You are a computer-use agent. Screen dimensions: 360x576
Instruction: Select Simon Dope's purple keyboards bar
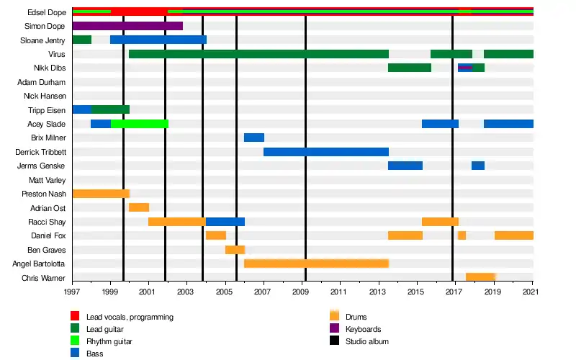(127, 26)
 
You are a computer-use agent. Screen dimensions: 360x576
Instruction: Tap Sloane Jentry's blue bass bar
(158, 40)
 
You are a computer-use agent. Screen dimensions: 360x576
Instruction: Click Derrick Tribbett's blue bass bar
(326, 152)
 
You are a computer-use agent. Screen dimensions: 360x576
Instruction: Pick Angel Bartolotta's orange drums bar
(317, 264)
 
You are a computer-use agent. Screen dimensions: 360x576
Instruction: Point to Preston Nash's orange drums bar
(101, 194)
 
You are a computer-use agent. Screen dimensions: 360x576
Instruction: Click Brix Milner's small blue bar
(254, 138)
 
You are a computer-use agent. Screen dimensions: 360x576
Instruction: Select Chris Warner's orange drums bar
(480, 277)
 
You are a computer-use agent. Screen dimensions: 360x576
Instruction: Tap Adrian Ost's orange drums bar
(139, 207)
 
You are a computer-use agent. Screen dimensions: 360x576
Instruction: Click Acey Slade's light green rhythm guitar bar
(140, 124)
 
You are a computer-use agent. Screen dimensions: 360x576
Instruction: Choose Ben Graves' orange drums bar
(235, 250)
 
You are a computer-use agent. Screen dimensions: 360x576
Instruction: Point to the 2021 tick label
(533, 293)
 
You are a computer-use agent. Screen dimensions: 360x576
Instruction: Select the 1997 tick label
(72, 293)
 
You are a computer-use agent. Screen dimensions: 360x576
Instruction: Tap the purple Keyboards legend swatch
(334, 329)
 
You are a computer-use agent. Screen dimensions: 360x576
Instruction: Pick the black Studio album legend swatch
(334, 341)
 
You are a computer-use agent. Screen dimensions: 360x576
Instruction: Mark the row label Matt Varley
(47, 180)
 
